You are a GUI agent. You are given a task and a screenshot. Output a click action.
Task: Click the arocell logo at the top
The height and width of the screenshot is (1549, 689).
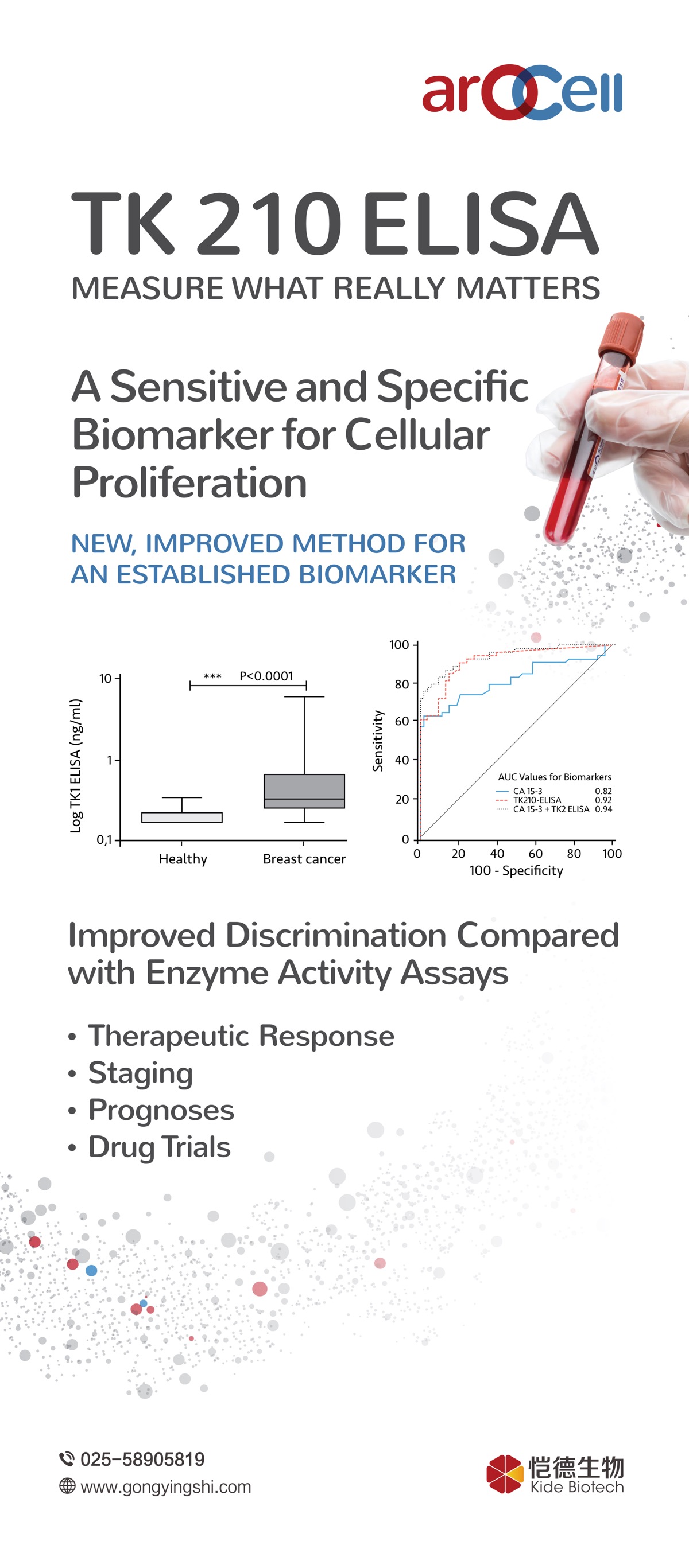point(522,92)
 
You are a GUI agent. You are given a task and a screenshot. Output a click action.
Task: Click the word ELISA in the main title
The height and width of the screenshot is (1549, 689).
point(480,224)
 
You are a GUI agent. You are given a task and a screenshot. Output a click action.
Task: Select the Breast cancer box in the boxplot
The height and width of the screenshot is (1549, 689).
point(304,791)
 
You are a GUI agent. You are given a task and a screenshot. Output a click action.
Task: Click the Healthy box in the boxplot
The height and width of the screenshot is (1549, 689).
point(182,817)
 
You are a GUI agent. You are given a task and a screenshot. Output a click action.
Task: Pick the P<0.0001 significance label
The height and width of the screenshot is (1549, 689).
point(266,676)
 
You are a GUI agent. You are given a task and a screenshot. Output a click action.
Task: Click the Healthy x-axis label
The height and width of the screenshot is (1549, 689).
point(183,859)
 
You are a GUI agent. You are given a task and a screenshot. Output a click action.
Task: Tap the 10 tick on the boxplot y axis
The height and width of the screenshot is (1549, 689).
point(105,678)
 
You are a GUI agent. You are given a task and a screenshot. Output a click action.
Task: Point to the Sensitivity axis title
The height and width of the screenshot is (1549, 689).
point(378,740)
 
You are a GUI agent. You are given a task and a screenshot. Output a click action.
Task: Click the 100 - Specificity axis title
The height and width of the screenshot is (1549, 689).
point(516,871)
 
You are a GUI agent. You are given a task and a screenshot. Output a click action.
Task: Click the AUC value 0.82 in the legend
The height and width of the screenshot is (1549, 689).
point(603,791)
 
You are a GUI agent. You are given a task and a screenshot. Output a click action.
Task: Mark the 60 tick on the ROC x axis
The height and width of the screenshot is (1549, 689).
point(536,853)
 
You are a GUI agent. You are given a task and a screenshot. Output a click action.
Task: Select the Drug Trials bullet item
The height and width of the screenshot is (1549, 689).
point(160,1147)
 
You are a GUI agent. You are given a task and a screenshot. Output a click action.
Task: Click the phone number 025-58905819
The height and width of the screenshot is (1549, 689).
point(142,1460)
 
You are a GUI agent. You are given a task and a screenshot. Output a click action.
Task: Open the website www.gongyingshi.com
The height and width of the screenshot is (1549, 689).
point(165,1487)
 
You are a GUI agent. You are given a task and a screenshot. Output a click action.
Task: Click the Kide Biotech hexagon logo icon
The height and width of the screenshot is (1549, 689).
point(504,1474)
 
